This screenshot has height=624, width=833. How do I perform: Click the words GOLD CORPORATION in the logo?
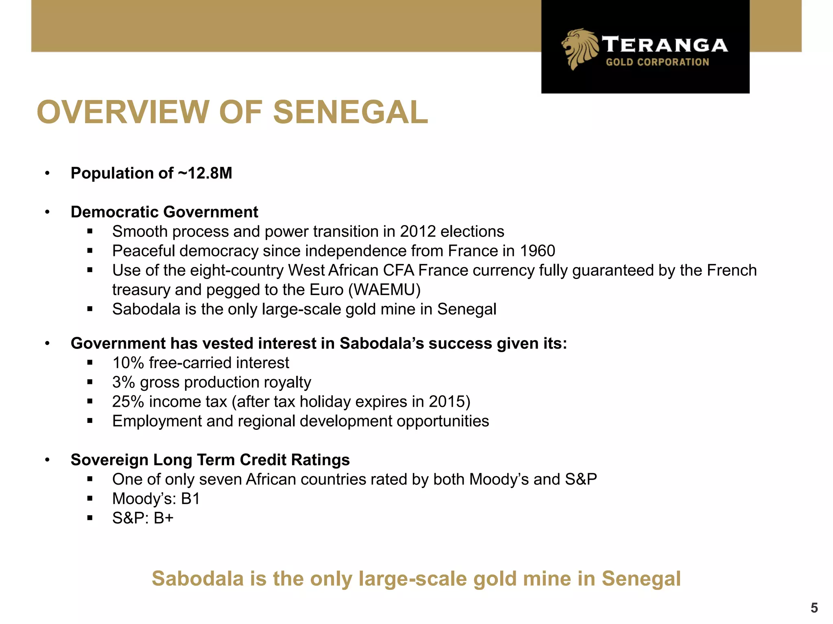[657, 62]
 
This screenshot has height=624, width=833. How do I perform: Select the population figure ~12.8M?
[205, 173]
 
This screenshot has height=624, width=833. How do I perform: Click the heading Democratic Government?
[164, 212]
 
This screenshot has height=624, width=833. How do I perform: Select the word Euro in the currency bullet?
[326, 290]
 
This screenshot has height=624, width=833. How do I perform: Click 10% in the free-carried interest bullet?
[128, 363]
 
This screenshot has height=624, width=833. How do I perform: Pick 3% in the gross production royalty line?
[124, 382]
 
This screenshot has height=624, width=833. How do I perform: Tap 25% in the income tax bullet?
[128, 402]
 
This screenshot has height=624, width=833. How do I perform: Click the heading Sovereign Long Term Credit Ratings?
[210, 460]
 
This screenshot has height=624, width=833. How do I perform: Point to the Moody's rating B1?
[190, 499]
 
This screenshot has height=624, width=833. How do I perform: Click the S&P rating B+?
[164, 518]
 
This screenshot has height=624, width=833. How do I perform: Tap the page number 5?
[814, 608]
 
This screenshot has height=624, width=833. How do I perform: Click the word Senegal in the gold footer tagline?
[641, 578]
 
